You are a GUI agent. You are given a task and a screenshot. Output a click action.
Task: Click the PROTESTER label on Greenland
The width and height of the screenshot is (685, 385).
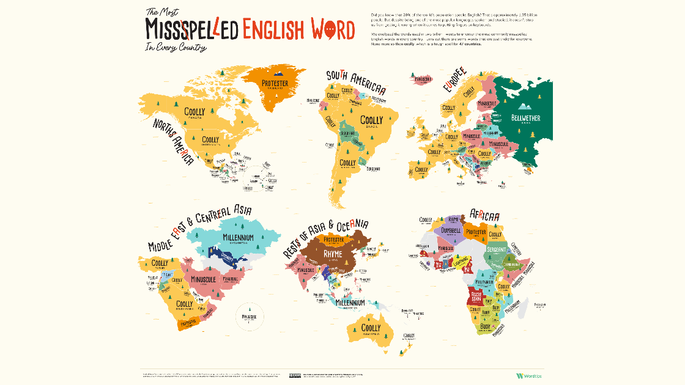(x=275, y=83)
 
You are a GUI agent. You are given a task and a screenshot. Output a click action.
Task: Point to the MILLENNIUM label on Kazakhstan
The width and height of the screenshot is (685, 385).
(x=238, y=237)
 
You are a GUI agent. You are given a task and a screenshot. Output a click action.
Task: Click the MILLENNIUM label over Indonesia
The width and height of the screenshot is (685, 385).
(x=350, y=302)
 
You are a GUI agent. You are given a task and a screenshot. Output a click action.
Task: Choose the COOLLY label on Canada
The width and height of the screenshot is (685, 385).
(x=194, y=112)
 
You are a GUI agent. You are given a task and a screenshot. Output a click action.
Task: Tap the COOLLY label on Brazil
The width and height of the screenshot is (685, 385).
(x=371, y=120)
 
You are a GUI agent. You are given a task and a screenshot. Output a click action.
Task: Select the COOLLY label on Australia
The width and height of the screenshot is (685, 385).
(x=371, y=328)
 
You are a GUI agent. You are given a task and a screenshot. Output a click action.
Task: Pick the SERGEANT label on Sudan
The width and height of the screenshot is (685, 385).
(x=497, y=250)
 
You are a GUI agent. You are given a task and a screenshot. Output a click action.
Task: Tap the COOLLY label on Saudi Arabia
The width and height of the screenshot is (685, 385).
(x=184, y=304)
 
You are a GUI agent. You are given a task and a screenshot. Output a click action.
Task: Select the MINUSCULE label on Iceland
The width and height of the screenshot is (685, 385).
(x=423, y=79)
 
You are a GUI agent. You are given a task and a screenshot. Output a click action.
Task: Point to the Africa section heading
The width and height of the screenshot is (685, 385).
(x=484, y=215)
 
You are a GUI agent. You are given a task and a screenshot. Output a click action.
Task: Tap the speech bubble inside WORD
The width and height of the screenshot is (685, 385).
(x=331, y=29)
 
